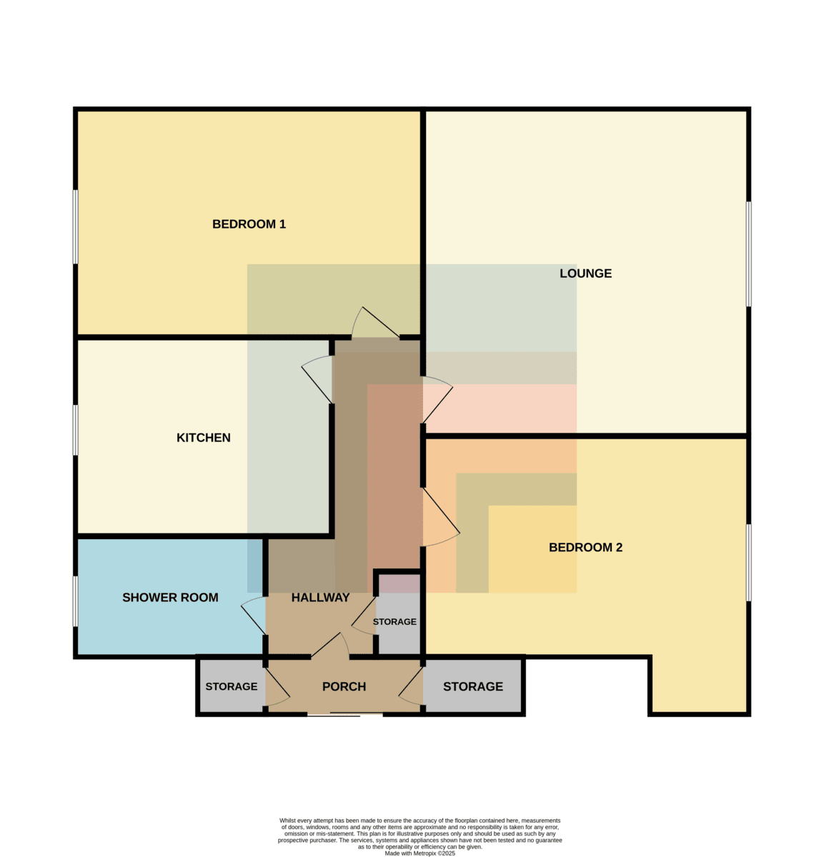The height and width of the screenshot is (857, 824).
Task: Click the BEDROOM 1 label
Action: [x=249, y=224]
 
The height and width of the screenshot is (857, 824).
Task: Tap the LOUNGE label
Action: [x=585, y=274]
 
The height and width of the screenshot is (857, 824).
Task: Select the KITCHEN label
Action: [x=203, y=438]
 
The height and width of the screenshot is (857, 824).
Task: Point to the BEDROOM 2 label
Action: [x=585, y=547]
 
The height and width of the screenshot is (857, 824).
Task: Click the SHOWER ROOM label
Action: [x=170, y=598]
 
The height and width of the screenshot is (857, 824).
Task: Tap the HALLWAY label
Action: [x=320, y=598]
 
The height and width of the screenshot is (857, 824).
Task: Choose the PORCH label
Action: [x=344, y=686]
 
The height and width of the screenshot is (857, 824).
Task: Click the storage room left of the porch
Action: [x=232, y=686]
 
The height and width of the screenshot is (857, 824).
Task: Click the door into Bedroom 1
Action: [x=375, y=324]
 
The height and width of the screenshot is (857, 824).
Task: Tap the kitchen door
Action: [x=317, y=379]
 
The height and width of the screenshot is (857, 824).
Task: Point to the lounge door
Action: [x=437, y=400]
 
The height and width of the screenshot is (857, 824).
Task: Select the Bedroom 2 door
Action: [x=441, y=517]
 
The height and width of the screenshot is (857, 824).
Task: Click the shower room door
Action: [x=254, y=616]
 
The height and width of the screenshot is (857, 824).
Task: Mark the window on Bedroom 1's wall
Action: [x=75, y=227]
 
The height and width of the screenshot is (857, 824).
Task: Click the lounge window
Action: [x=748, y=254]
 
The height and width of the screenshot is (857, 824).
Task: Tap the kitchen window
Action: [x=75, y=430]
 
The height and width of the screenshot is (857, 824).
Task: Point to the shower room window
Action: [x=75, y=601]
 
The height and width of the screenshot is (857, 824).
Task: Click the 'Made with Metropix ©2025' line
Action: [x=420, y=853]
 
